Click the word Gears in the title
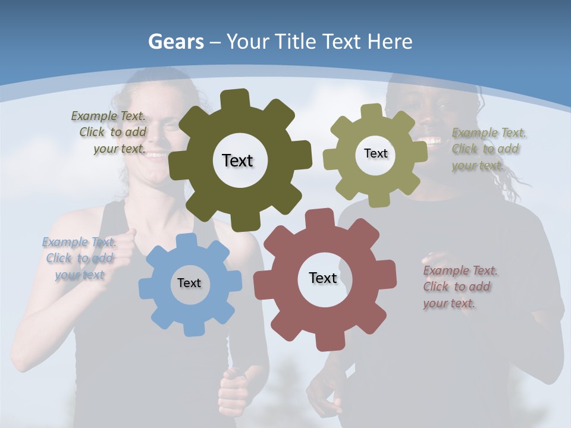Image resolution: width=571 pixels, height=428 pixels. pyautogui.click(x=176, y=42)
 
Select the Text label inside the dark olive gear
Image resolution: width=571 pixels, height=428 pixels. pyautogui.click(x=237, y=160)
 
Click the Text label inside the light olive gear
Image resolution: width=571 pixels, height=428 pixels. pyautogui.click(x=375, y=153)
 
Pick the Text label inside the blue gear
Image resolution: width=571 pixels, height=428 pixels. pyautogui.click(x=189, y=283)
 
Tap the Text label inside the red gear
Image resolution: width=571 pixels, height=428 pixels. pyautogui.click(x=323, y=278)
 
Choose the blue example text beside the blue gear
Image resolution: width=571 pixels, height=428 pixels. pyautogui.click(x=79, y=258)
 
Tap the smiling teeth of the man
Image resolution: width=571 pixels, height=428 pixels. pyautogui.click(x=431, y=141)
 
